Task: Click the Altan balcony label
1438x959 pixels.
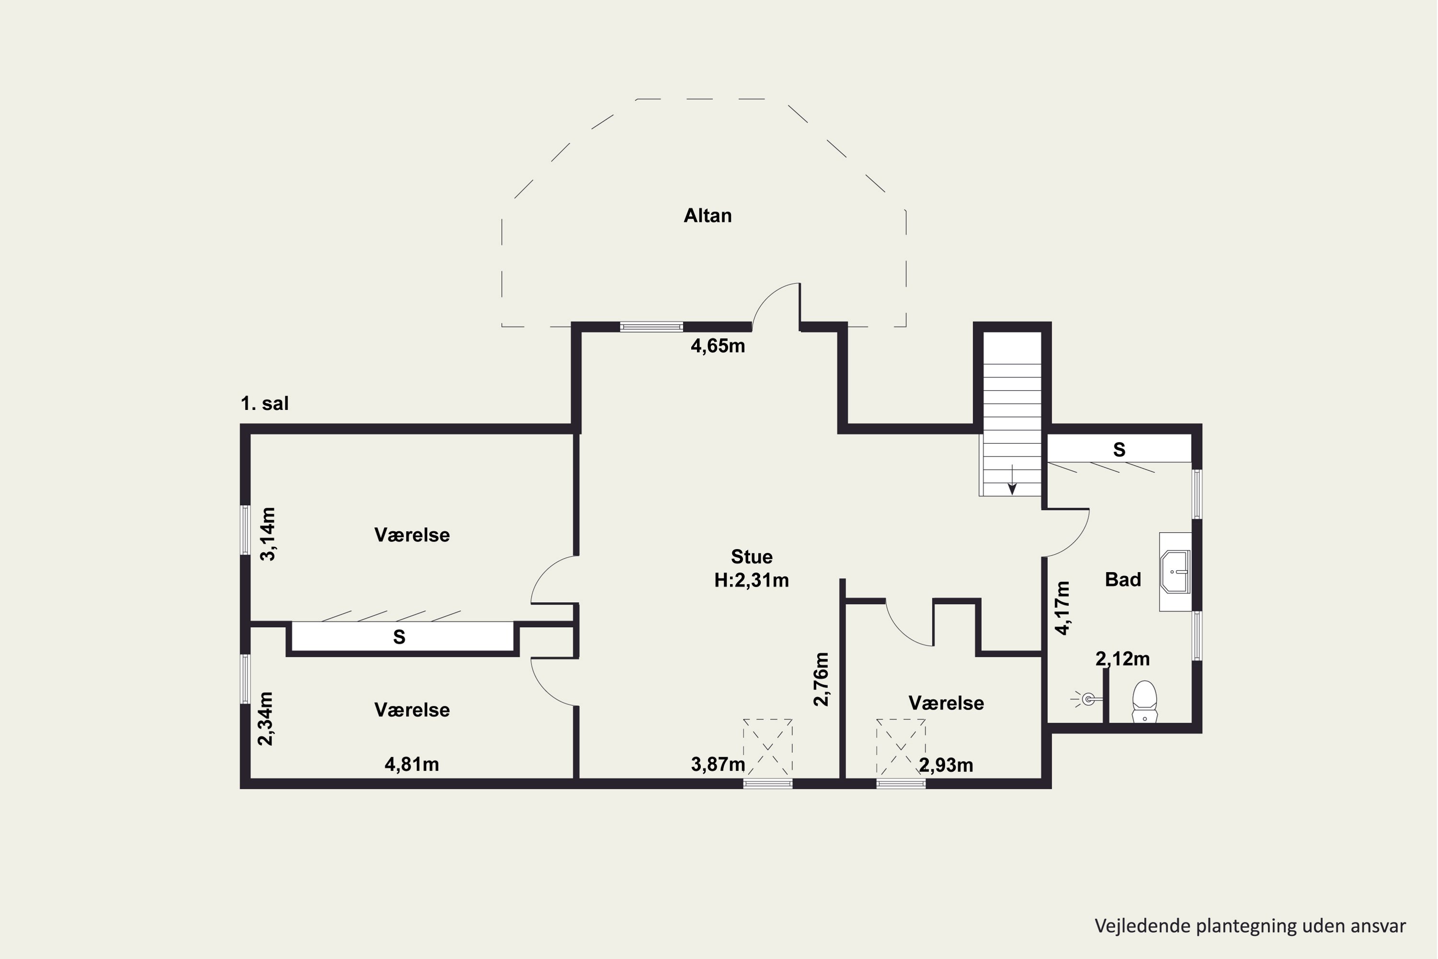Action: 707,215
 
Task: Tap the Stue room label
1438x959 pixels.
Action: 752,557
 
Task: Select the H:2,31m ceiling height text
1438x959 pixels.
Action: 752,580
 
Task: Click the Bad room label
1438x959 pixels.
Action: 1123,579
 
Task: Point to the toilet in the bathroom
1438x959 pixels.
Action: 1145,702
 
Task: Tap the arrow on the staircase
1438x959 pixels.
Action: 1012,479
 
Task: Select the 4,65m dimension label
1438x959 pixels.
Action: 718,346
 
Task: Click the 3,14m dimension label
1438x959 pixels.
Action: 268,534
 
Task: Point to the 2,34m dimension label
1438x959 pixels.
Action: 266,719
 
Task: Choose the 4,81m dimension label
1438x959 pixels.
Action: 411,764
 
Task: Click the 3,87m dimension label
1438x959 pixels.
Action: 718,764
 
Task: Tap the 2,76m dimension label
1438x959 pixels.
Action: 821,679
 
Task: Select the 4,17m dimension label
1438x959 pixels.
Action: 1063,608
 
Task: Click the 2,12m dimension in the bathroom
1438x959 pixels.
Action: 1123,659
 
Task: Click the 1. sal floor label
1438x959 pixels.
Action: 265,404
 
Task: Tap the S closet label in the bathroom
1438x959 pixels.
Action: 1119,450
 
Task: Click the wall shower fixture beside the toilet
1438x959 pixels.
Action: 1087,699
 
